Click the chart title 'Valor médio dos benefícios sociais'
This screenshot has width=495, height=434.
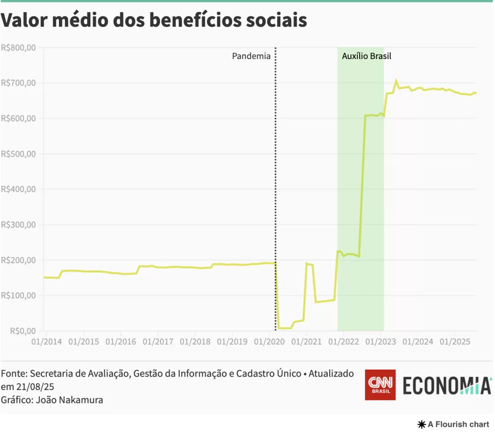point(154,20)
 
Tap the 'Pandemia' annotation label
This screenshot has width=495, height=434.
point(251,56)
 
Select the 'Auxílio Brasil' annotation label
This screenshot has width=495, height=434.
point(366,56)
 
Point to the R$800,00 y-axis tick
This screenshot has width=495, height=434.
point(18,48)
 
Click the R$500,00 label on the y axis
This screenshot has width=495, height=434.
point(18,154)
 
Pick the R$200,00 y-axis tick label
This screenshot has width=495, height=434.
point(18,260)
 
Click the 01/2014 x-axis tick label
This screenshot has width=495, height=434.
point(46,342)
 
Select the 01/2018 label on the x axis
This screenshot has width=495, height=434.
point(195,342)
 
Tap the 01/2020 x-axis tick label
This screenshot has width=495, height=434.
point(269,342)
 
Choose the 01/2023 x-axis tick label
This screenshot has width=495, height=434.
point(380,342)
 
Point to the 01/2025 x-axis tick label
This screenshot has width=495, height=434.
point(455,342)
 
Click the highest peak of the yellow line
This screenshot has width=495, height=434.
point(396,81)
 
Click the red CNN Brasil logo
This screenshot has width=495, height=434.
point(380,385)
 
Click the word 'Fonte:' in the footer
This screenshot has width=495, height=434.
point(14,374)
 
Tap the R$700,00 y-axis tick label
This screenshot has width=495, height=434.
point(18,83)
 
